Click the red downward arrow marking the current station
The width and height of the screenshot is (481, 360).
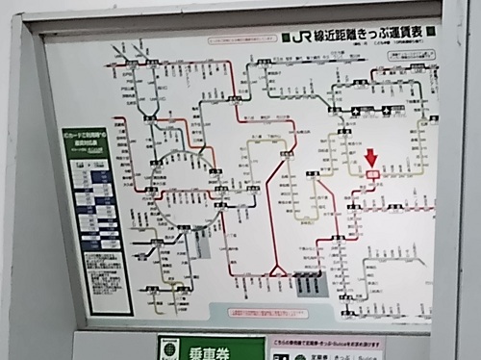tap(372, 158)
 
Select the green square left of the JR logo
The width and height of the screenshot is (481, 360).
tap(287, 40)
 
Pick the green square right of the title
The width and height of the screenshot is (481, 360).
tap(430, 32)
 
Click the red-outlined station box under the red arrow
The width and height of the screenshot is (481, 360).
tap(372, 173)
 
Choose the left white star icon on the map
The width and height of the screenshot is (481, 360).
tap(355, 110)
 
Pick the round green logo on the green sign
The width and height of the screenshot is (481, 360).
tap(169, 348)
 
